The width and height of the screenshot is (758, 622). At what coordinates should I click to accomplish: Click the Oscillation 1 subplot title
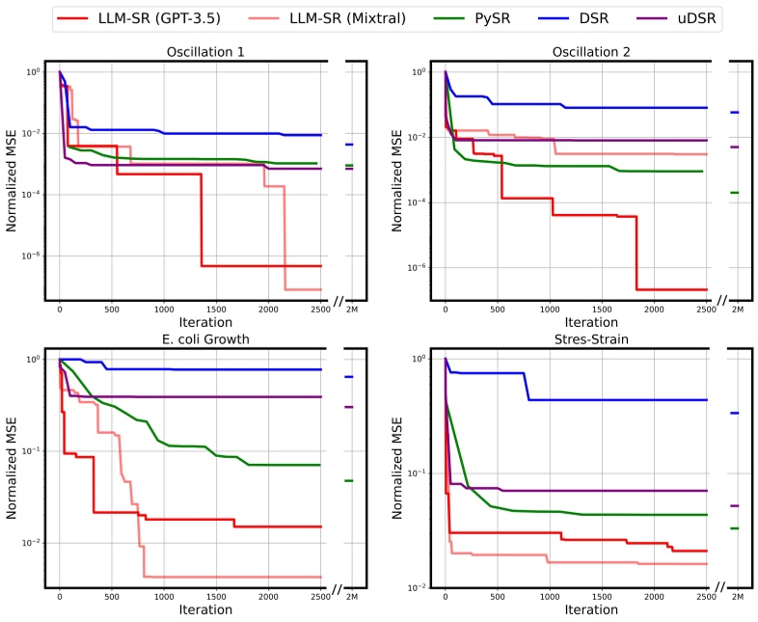click(x=190, y=52)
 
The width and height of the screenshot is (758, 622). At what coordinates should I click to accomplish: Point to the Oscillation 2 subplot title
click(x=576, y=52)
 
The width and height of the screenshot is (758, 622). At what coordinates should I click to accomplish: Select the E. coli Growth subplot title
click(x=190, y=338)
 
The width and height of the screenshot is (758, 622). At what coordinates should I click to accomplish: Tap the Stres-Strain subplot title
click(x=576, y=338)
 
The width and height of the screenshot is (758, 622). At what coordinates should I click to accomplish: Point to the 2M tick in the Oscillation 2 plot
click(x=738, y=309)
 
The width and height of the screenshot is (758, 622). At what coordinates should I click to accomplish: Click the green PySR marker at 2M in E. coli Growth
click(x=348, y=480)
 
